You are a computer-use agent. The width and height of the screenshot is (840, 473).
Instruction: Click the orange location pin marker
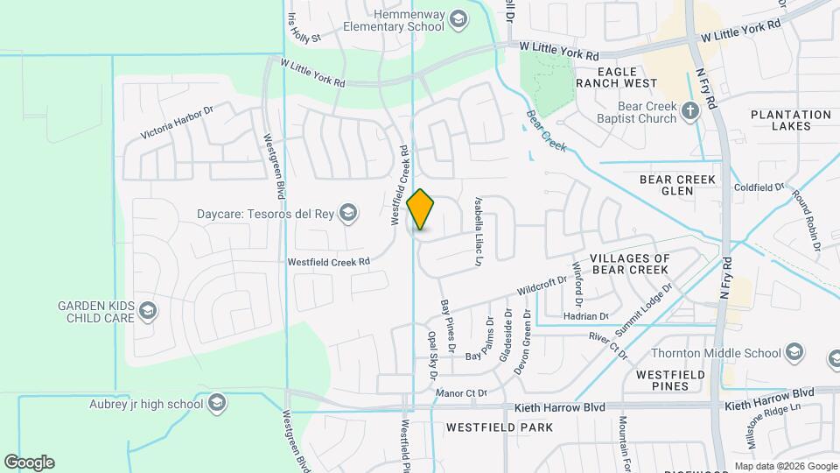click(x=421, y=209)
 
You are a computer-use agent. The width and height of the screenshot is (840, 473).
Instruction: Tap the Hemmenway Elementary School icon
click(x=458, y=19)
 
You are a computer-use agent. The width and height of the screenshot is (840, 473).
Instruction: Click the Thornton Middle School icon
click(x=794, y=354)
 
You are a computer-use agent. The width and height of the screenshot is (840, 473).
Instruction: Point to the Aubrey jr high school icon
click(x=217, y=404)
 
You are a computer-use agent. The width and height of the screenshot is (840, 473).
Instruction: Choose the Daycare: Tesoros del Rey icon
click(x=348, y=213)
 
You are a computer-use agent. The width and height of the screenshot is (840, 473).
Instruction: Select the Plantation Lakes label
click(x=791, y=120)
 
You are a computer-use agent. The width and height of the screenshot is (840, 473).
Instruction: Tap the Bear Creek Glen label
click(x=678, y=186)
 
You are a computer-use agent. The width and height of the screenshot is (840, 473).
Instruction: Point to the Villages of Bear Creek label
click(x=630, y=264)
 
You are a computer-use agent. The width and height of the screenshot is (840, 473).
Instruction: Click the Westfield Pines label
click(x=671, y=380)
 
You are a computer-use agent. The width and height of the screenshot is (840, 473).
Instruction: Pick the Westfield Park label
click(x=500, y=428)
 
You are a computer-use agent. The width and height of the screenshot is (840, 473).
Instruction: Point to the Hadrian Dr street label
click(x=586, y=316)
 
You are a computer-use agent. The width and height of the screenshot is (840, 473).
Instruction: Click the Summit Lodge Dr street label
click(x=645, y=307)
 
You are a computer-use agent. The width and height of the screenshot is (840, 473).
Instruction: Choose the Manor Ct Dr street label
click(x=460, y=393)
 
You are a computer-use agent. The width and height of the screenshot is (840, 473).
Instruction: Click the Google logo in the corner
click(x=29, y=462)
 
